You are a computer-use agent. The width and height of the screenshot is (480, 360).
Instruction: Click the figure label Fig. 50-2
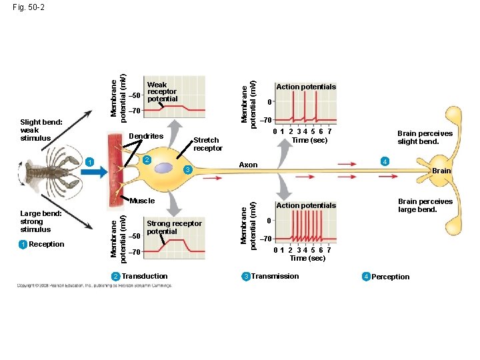pyautogui.click(x=27, y=7)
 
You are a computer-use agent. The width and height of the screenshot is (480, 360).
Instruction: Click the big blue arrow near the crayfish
pyautogui.click(x=96, y=172)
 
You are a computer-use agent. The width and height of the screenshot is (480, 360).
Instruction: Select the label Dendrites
pyautogui.click(x=146, y=136)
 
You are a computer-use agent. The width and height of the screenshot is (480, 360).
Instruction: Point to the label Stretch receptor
pyautogui.click(x=207, y=144)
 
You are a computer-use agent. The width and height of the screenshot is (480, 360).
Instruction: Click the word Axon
pyautogui.click(x=248, y=165)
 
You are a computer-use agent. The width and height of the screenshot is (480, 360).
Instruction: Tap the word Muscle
pyautogui.click(x=143, y=201)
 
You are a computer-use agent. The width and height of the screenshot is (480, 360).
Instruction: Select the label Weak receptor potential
pyautogui.click(x=162, y=92)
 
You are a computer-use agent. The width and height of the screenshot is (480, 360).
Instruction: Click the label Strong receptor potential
pyautogui.click(x=173, y=227)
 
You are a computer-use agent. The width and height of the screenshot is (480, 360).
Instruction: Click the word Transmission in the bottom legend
pyautogui.click(x=275, y=276)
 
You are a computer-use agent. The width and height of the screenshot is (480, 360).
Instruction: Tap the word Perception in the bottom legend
pyautogui.click(x=390, y=277)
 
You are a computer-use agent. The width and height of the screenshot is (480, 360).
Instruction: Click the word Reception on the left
pyautogui.click(x=47, y=244)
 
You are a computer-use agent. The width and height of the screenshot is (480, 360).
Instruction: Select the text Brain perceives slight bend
pyautogui.click(x=425, y=137)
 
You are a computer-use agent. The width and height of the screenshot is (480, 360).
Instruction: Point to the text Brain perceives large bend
pyautogui.click(x=425, y=205)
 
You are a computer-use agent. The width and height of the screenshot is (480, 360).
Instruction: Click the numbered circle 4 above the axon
pyautogui.click(x=383, y=161)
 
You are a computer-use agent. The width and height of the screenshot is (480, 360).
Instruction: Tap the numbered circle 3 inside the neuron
pyautogui.click(x=188, y=171)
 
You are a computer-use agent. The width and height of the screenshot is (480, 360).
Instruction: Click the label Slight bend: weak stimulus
pyautogui.click(x=41, y=130)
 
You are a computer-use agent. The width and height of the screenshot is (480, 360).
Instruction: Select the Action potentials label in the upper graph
pyautogui.click(x=306, y=87)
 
